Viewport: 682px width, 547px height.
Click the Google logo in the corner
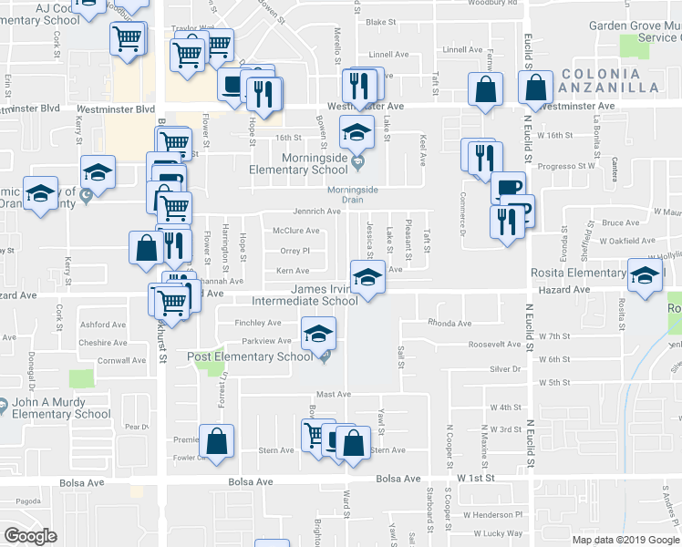[x=30, y=536]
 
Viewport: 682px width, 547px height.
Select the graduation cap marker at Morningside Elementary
[x=356, y=131]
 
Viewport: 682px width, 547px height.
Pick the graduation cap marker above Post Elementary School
[x=318, y=334]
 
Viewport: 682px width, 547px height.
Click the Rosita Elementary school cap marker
[x=645, y=275]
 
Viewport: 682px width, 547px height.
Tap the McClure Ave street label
[x=296, y=231]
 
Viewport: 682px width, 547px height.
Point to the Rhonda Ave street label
[x=450, y=324]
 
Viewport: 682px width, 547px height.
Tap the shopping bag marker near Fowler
[x=218, y=440]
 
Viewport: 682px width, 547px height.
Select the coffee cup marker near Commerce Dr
[x=508, y=188]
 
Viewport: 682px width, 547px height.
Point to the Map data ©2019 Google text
[x=625, y=540]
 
